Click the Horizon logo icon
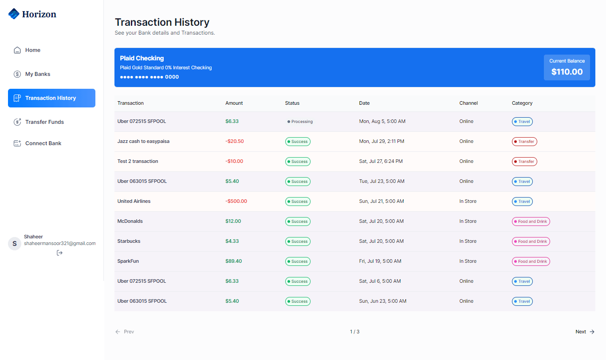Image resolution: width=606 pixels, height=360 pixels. click(14, 14)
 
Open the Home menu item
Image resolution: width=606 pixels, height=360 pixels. click(32, 50)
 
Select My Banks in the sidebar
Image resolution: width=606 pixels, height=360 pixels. click(37, 74)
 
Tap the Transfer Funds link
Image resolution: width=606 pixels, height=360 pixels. click(44, 122)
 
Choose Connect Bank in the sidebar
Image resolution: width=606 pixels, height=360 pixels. click(43, 143)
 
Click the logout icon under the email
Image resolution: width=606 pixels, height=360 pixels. click(60, 253)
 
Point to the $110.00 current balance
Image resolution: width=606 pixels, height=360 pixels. click(567, 72)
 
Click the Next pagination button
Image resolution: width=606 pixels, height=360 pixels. click(585, 332)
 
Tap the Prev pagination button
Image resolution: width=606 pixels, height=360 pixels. click(125, 332)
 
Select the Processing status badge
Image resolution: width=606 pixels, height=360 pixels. click(300, 122)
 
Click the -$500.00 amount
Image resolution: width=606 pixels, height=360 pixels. click(236, 201)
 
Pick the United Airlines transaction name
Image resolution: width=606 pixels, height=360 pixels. click(134, 201)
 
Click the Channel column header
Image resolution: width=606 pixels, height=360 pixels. click(468, 103)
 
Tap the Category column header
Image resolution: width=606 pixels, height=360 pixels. click(522, 103)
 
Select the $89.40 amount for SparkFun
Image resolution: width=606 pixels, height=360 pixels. click(233, 261)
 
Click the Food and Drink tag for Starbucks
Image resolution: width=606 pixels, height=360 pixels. click(531, 241)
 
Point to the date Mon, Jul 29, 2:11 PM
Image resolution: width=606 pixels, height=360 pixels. click(382, 141)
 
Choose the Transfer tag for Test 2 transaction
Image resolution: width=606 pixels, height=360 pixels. click(524, 162)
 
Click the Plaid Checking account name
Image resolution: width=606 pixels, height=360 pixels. click(142, 58)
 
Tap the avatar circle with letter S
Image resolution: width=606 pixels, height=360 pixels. click(15, 244)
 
